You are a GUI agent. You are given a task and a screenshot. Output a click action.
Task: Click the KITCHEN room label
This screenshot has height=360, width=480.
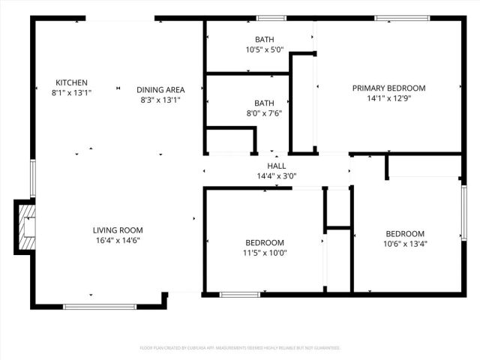[x=72, y=82]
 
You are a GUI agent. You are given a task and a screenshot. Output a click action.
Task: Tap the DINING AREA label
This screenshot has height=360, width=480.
[x=160, y=89]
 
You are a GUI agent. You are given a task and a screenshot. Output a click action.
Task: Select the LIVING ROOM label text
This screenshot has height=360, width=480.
[x=118, y=230]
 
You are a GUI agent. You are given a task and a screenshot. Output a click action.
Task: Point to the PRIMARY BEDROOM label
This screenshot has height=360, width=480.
[x=389, y=88]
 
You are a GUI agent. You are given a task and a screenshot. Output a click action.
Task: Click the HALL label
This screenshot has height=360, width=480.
[x=277, y=166]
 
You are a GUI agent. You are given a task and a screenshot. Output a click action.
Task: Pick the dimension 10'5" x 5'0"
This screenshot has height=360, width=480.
[x=264, y=50]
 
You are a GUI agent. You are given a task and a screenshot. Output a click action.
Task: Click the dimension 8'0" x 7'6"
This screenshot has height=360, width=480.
[x=264, y=114]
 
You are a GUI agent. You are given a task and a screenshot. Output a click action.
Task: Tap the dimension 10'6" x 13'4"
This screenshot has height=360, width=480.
[x=405, y=243]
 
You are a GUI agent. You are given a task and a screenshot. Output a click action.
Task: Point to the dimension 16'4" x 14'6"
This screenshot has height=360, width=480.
[x=118, y=240]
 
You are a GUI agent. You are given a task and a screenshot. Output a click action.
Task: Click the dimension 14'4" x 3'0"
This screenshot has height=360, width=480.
[x=277, y=176]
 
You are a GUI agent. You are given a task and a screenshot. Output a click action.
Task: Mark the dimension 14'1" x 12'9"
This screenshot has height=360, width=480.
[x=389, y=97]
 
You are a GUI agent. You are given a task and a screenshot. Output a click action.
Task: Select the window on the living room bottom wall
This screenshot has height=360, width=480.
[x=100, y=306]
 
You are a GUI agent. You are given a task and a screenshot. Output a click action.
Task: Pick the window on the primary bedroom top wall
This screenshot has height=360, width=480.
[x=397, y=17]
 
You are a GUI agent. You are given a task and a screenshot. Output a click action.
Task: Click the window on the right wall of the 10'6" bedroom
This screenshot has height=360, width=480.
[x=463, y=217]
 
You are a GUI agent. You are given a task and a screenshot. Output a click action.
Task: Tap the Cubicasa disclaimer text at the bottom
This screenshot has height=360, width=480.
[x=240, y=348]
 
